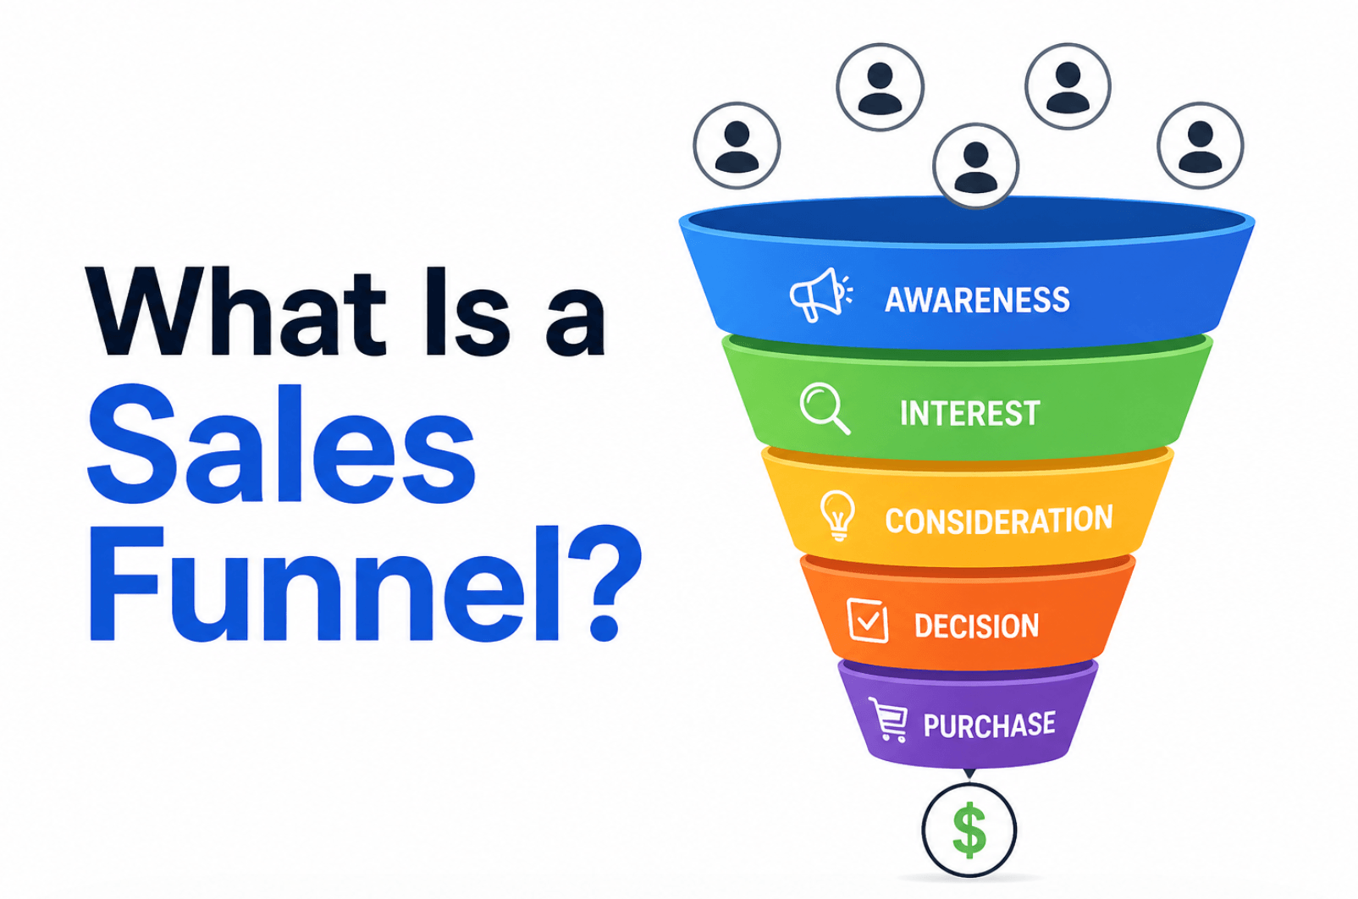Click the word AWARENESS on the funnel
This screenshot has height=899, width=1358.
[x=977, y=301]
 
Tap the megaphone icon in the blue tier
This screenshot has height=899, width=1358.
[x=819, y=295]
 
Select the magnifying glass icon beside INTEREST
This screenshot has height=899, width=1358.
[x=824, y=408]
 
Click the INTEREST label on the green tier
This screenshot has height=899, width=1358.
[x=969, y=414]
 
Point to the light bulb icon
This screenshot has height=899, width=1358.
[x=837, y=515]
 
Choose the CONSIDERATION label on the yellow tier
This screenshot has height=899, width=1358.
[x=998, y=521]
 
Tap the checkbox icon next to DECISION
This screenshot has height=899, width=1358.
[x=867, y=620]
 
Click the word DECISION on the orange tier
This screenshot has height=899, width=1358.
[x=976, y=626]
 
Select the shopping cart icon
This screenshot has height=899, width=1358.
[x=888, y=720]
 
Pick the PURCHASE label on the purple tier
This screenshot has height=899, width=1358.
[x=989, y=725]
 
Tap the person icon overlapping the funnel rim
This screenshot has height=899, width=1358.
[x=975, y=165]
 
